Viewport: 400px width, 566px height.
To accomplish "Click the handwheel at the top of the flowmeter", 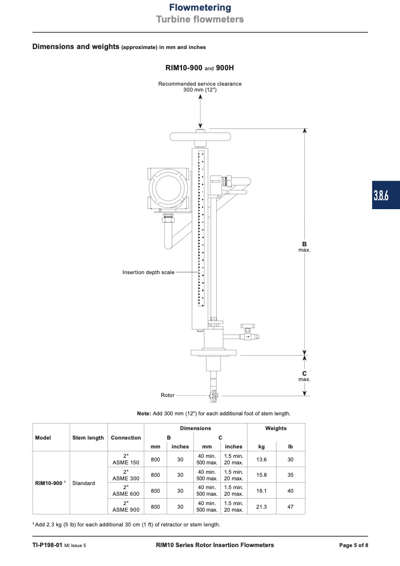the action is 200,137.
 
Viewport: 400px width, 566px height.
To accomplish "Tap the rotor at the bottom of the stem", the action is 213,396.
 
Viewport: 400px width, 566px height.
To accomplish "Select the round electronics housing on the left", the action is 168,189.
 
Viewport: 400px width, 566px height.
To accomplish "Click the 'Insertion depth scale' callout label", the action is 148,272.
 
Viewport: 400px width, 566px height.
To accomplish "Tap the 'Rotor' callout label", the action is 168,395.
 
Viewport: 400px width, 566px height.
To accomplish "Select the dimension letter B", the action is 304,244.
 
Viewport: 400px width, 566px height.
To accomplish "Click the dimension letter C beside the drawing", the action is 304,373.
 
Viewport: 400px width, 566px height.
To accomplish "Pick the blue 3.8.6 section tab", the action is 386,195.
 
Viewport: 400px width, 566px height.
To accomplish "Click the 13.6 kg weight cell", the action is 261,460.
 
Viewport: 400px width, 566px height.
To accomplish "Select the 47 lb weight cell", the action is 290,507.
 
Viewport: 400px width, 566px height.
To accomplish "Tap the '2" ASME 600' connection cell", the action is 126,490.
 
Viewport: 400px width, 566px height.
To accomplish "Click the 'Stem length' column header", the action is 88,437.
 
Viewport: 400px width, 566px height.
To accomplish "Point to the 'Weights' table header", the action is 276,428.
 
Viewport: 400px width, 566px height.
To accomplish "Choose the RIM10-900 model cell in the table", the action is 48,483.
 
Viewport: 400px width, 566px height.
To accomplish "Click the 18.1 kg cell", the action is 261,491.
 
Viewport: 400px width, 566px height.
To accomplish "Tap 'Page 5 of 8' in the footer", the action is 353,545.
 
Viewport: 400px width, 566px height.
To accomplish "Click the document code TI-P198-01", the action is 47,545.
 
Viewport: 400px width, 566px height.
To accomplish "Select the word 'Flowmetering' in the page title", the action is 200,8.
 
